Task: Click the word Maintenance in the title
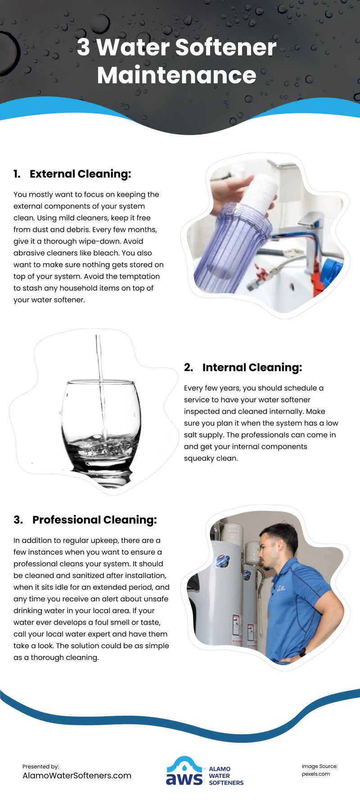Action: [176, 75]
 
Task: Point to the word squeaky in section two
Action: [198, 458]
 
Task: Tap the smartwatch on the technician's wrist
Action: [302, 651]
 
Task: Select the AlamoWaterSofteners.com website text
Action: [77, 776]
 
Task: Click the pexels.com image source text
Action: [316, 774]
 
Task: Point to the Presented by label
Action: [40, 766]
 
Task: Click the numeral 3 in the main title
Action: [83, 47]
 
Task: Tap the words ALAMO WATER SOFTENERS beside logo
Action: [225, 776]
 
